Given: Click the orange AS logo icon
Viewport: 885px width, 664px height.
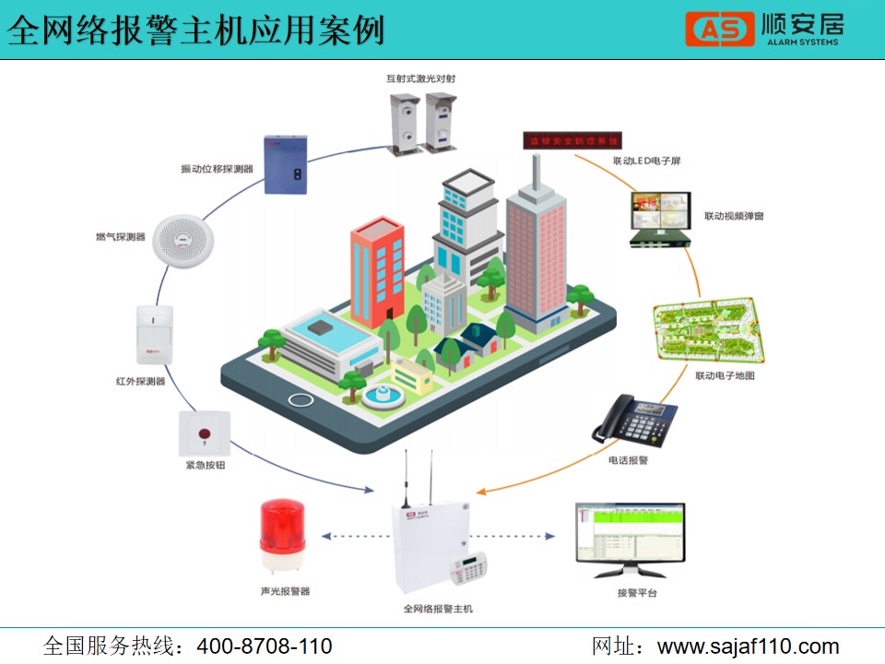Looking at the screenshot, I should [720, 29].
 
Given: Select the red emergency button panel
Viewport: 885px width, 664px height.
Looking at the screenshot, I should [205, 433].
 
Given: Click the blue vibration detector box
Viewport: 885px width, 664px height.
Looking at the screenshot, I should [285, 164].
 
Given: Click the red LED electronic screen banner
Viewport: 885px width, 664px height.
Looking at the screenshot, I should [572, 142].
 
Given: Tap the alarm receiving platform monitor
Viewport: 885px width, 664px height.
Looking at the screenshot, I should [631, 540].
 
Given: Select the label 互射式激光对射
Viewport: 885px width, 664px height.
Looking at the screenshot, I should [420, 79].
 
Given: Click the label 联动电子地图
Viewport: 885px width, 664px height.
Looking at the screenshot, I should [725, 376].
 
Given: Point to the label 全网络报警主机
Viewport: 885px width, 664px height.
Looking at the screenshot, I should [438, 609].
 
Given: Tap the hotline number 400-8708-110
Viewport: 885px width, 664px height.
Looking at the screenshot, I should [265, 646].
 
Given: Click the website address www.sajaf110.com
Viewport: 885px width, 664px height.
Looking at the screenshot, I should [748, 646].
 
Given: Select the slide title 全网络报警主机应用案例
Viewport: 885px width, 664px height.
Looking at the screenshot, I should [196, 31].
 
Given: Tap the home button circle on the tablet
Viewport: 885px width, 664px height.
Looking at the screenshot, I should [301, 399].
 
